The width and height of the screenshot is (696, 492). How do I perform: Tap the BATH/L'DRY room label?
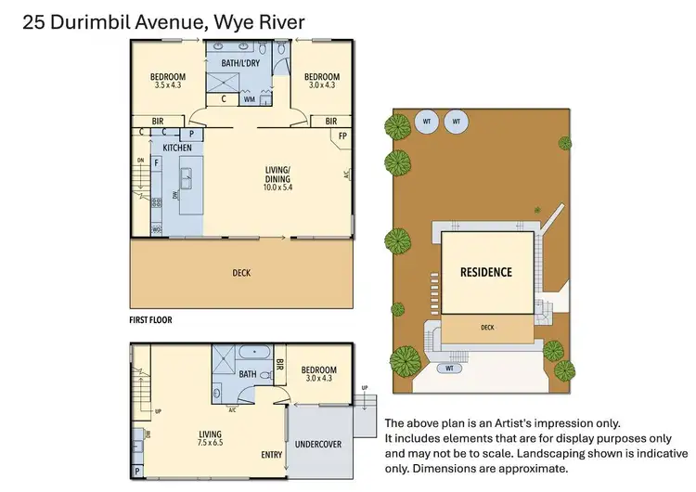(239, 62)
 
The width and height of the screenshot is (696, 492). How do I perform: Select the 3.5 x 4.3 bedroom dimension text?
(168, 85)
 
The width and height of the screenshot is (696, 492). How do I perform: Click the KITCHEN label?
(177, 148)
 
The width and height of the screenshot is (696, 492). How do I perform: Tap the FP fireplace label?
(342, 136)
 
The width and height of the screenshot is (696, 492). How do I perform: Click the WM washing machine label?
(249, 99)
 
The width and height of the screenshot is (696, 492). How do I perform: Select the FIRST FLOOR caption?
(150, 319)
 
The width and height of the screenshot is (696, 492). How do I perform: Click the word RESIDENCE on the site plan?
(486, 273)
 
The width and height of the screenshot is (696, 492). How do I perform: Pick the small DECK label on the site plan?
(487, 327)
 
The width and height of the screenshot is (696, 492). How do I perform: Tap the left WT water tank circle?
(427, 122)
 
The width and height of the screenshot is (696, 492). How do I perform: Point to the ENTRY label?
(272, 455)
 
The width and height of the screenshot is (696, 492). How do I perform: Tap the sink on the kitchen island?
(185, 173)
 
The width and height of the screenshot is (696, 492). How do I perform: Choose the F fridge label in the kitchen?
(156, 162)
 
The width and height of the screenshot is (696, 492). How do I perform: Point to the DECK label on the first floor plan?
(241, 273)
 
